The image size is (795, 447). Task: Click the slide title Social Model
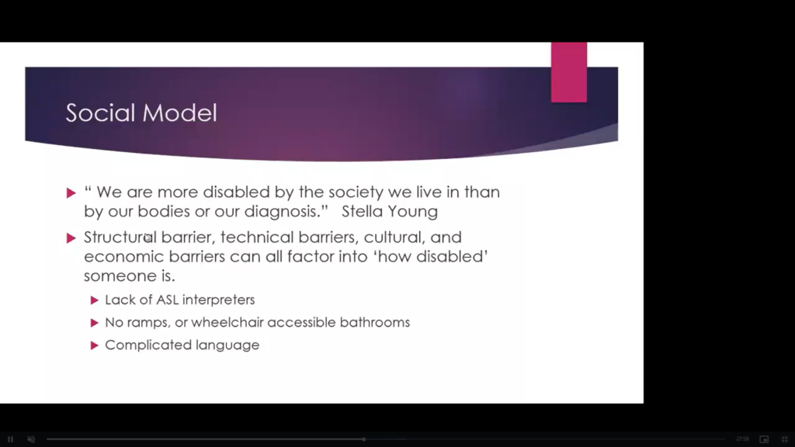click(x=141, y=113)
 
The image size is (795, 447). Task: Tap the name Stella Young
click(x=390, y=211)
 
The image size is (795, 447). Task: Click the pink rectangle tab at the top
click(x=569, y=72)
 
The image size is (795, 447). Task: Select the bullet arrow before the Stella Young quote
click(x=71, y=192)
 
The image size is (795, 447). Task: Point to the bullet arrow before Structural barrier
click(x=71, y=237)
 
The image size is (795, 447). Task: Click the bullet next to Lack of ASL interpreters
click(x=94, y=300)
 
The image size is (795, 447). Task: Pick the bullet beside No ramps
click(x=94, y=323)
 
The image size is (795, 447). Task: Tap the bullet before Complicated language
click(x=94, y=345)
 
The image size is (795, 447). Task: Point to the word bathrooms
click(x=375, y=322)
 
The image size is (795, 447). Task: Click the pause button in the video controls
click(x=10, y=439)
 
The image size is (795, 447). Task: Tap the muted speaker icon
click(x=31, y=439)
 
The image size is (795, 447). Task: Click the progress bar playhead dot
click(x=363, y=439)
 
